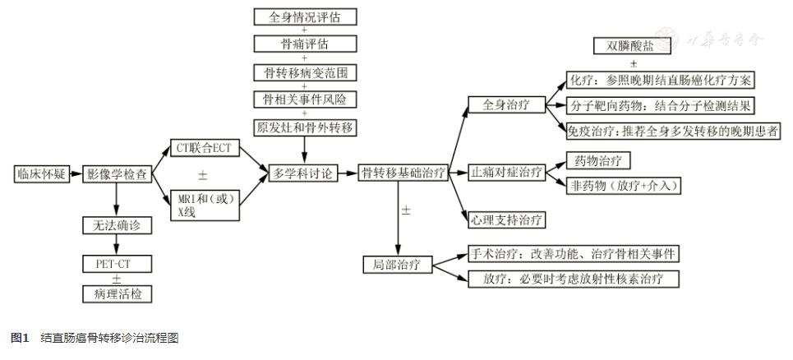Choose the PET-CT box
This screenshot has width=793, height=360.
117,264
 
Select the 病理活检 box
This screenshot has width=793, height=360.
117,293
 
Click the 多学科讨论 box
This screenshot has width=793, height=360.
304,174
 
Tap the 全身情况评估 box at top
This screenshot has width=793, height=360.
304,17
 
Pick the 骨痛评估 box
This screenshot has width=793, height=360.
304,44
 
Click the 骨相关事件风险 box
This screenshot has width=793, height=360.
304,99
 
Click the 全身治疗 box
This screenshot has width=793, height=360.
502,106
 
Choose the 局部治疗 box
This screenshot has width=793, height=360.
398,264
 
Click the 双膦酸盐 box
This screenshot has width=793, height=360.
632,45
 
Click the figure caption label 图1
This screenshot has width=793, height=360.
20,339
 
